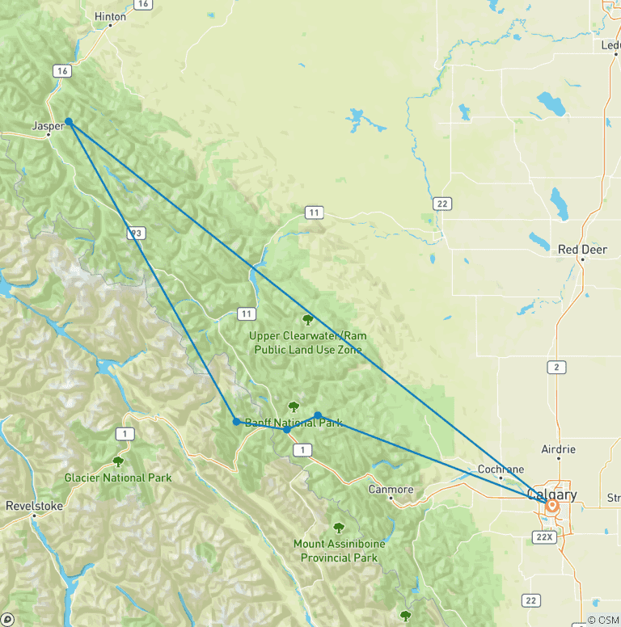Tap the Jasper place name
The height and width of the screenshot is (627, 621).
(48, 126)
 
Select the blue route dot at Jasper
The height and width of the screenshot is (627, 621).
(70, 122)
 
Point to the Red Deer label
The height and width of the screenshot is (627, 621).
(582, 250)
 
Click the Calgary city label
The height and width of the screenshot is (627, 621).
(551, 494)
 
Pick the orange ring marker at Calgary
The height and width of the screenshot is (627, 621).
(553, 507)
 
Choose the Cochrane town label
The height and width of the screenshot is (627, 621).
(501, 469)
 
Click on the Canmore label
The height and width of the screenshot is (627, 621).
(391, 490)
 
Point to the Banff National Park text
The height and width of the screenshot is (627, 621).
(294, 423)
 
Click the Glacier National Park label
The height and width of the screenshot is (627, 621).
(118, 478)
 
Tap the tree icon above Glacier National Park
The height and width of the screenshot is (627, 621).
(118, 462)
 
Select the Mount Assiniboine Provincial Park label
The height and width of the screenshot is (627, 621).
(339, 550)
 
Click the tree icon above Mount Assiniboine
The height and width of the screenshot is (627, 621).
(339, 528)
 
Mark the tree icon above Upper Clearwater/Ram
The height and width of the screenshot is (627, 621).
(307, 320)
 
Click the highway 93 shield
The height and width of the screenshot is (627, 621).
(137, 233)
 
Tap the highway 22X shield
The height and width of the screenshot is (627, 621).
(543, 537)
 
